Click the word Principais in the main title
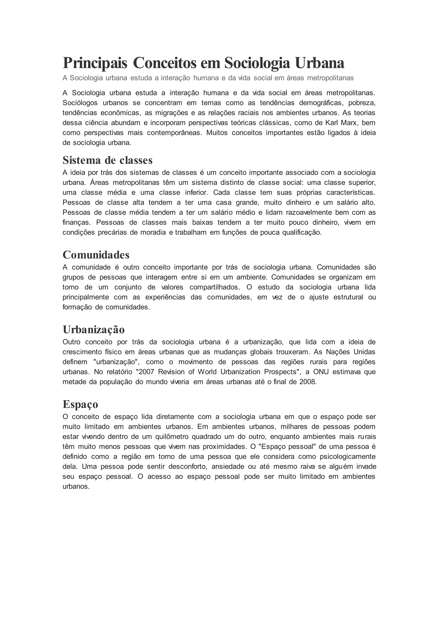[x=95, y=63]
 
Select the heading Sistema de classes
[x=108, y=160]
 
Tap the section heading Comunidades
[x=96, y=255]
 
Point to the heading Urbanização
[x=93, y=329]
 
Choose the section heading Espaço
[x=80, y=404]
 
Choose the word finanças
[x=76, y=222]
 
